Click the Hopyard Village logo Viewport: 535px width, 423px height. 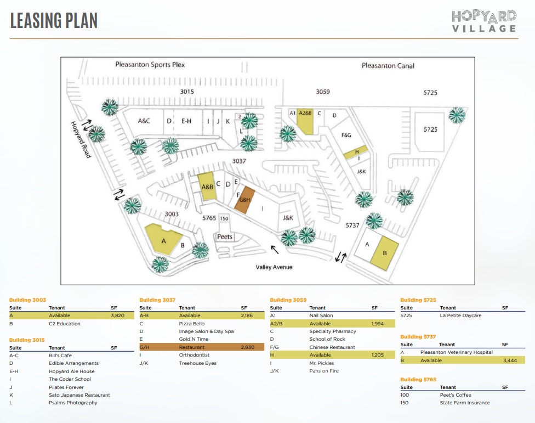point(484,21)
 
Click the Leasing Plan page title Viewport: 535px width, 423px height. point(54,20)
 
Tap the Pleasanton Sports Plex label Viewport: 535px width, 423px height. point(150,65)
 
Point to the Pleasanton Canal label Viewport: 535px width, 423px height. point(388,66)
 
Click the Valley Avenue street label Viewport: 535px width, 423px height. point(274,267)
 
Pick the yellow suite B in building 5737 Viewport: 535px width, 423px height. point(384,252)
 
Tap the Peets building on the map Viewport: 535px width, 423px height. point(225,237)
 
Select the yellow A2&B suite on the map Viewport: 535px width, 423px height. point(305,120)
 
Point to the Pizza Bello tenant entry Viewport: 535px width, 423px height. point(192,324)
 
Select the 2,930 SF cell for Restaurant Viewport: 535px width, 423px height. point(248,347)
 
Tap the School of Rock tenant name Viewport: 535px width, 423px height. point(327,339)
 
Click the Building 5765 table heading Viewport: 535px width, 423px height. point(418,379)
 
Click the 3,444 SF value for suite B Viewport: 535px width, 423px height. point(510,360)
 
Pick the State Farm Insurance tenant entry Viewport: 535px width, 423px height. point(465,403)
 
